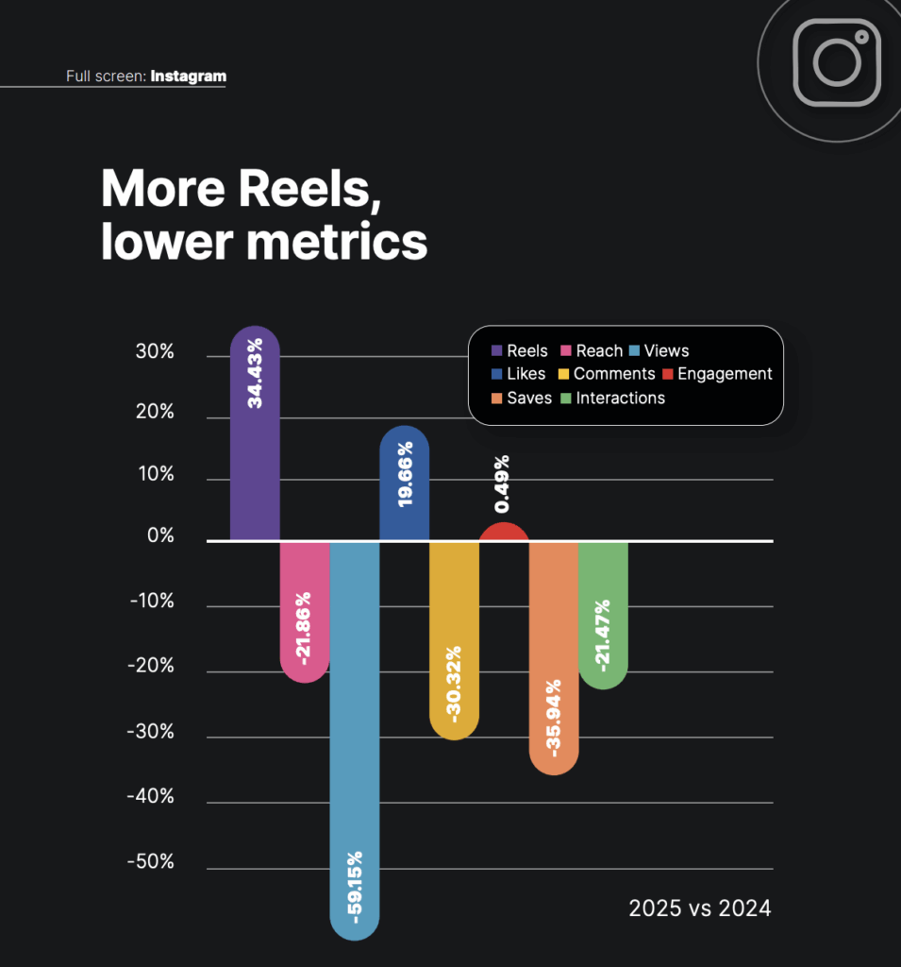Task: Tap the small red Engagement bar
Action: [x=504, y=532]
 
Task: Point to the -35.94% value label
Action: [x=554, y=717]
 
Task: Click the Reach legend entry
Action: [x=592, y=351]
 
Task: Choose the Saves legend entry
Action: [x=522, y=399]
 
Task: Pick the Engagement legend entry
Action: [x=717, y=374]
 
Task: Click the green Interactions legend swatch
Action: [x=565, y=399]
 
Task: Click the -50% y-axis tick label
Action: [x=151, y=862]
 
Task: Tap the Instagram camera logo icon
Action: [x=836, y=62]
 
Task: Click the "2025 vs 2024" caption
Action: [x=700, y=908]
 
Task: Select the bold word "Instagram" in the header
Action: [x=188, y=76]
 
